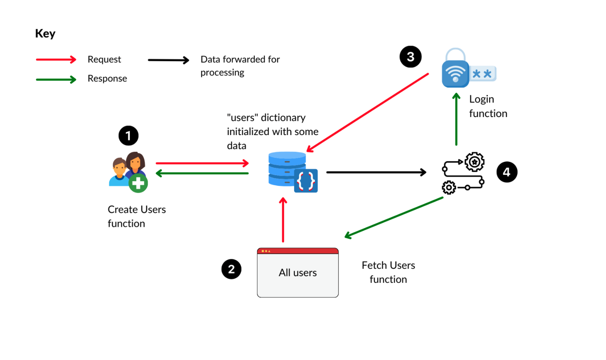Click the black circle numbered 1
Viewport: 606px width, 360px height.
tap(128, 135)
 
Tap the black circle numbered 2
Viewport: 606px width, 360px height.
tap(231, 269)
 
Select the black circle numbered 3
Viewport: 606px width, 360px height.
tap(410, 57)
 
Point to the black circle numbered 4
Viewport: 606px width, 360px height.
tap(507, 172)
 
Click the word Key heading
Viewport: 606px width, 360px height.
tap(45, 34)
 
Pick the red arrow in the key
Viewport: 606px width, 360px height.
tap(56, 60)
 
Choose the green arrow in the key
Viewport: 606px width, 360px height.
tap(56, 80)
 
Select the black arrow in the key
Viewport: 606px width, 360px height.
tap(168, 60)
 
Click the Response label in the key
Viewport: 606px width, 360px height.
tap(107, 78)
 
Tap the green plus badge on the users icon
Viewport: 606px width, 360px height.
tap(138, 183)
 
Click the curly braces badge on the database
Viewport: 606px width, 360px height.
tap(306, 181)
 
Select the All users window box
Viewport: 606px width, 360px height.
tap(298, 273)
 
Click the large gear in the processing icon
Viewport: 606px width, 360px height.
tap(474, 162)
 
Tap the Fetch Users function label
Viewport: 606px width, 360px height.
tap(388, 272)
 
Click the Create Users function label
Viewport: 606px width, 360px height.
tap(137, 216)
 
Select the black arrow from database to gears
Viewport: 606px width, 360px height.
tap(376, 172)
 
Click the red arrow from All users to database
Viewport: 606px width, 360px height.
tap(283, 220)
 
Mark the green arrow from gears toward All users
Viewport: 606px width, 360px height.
tap(394, 217)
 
